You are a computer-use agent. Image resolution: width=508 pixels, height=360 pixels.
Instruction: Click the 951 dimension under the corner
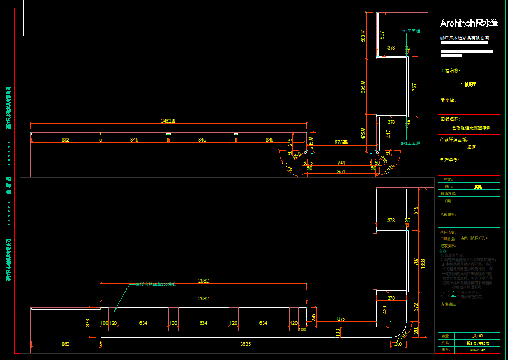[x=342, y=171]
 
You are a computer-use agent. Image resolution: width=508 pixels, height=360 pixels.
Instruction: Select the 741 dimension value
[x=341, y=162]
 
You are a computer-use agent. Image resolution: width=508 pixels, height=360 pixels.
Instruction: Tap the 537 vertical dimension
[x=382, y=35]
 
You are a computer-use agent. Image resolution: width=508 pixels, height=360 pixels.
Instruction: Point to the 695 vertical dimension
[x=363, y=87]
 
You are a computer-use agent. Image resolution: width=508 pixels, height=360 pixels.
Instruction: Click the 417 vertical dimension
[x=389, y=134]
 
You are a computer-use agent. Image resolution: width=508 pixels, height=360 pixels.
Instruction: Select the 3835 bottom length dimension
[x=245, y=343]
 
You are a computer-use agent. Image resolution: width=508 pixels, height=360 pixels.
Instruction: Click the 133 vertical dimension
[x=338, y=333]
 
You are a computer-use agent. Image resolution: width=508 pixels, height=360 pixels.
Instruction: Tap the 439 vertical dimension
[x=384, y=310]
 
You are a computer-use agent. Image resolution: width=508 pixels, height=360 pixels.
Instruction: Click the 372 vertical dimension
[x=415, y=306]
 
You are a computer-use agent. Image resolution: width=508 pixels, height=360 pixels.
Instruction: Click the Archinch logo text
[x=468, y=23]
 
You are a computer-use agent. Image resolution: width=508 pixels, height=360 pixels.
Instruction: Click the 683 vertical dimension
[x=363, y=36]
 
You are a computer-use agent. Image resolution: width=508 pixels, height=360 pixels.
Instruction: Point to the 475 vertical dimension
[x=363, y=133]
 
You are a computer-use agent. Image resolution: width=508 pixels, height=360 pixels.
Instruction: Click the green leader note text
[x=156, y=284]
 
